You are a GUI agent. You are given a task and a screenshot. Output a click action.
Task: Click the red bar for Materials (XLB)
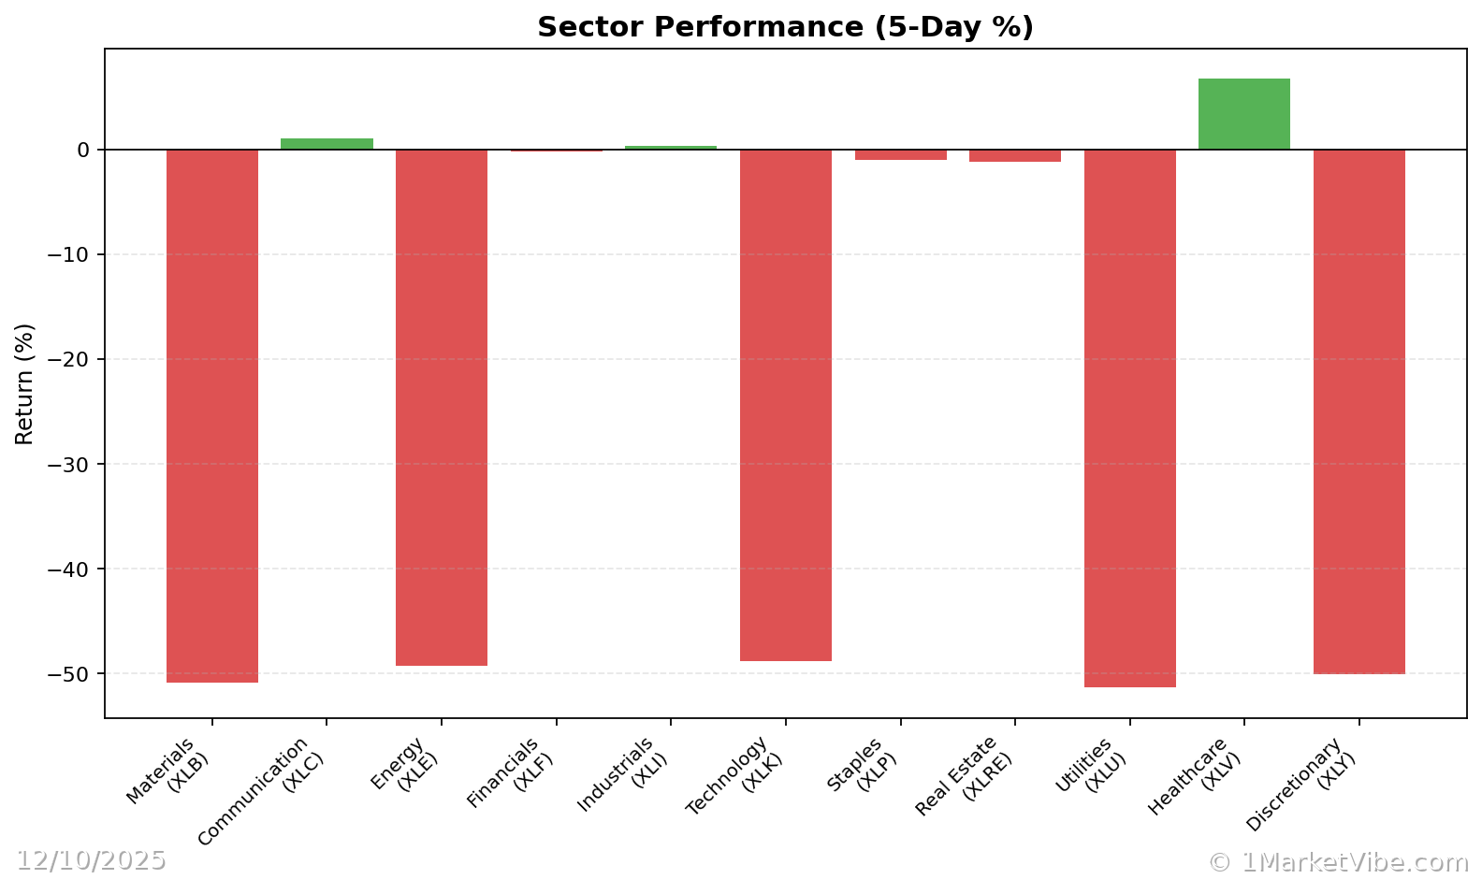pyautogui.click(x=212, y=416)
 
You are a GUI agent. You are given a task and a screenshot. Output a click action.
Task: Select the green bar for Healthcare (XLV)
pyautogui.click(x=1243, y=114)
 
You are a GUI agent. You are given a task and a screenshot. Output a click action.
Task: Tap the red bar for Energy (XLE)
pyautogui.click(x=442, y=408)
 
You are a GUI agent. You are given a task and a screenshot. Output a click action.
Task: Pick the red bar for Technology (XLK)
pyautogui.click(x=785, y=405)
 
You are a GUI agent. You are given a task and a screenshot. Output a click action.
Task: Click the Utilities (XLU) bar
pyautogui.click(x=1129, y=418)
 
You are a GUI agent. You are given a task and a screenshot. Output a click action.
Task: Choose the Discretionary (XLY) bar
pyautogui.click(x=1358, y=411)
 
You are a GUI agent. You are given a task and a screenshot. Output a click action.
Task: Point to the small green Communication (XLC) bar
pyautogui.click(x=327, y=144)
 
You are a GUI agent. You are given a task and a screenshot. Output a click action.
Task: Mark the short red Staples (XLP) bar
pyautogui.click(x=900, y=155)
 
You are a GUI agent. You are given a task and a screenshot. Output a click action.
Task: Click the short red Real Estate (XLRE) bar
pyautogui.click(x=1014, y=156)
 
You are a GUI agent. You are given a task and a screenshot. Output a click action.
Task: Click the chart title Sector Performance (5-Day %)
pyautogui.click(x=785, y=27)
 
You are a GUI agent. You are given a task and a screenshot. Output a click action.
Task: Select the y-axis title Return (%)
pyautogui.click(x=24, y=383)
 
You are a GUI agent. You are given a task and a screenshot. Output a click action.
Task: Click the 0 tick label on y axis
pyautogui.click(x=83, y=151)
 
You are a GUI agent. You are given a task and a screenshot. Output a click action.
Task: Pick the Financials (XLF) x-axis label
pyautogui.click(x=513, y=772)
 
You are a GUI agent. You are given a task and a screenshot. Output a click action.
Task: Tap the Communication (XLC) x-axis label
pyautogui.click(x=262, y=791)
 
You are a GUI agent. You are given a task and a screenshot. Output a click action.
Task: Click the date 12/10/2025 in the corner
pyautogui.click(x=91, y=860)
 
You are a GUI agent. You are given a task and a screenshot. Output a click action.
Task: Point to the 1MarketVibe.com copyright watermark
pyautogui.click(x=1338, y=862)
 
